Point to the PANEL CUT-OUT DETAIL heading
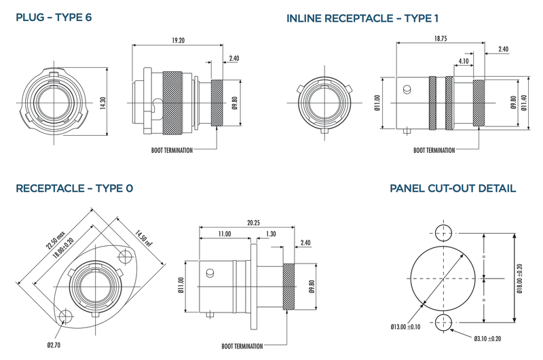[x=452, y=188]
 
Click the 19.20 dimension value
[x=178, y=41]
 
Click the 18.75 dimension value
[x=440, y=39]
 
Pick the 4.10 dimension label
[x=464, y=61]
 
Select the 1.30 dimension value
[x=272, y=234]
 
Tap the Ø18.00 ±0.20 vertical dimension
[x=519, y=278]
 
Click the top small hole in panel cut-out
[x=444, y=232]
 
